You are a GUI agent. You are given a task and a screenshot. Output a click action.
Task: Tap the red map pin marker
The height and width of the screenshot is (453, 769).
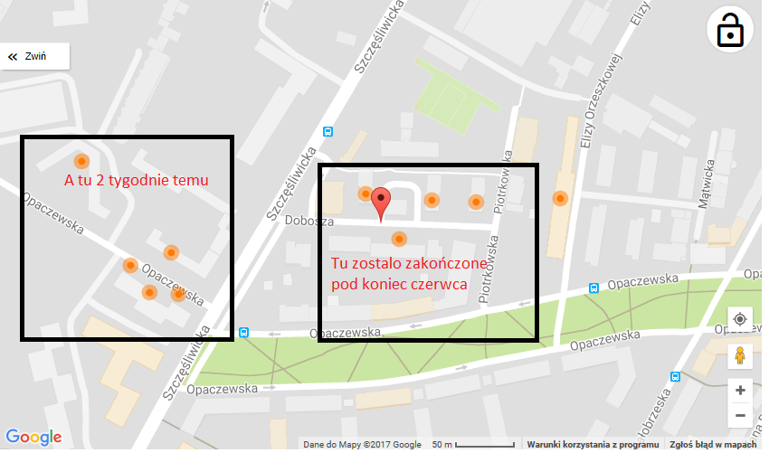(382, 203)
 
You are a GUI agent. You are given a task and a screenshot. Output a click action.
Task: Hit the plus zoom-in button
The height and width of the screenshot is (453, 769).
(740, 391)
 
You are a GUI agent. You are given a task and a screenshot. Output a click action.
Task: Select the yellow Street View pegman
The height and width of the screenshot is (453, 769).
(740, 355)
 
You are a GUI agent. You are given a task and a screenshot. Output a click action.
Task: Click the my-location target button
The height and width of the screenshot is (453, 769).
(740, 319)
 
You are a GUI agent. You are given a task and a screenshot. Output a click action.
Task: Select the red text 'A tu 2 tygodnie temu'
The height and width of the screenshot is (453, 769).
(136, 180)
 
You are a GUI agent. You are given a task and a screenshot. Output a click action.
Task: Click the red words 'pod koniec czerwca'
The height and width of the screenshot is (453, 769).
(398, 284)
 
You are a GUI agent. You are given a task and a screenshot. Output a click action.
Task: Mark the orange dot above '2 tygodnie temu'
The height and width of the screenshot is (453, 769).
(81, 161)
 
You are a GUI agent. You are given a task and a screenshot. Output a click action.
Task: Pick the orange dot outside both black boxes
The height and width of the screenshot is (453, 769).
(561, 198)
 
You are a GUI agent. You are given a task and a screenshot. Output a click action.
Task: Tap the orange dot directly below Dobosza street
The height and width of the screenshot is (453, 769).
(398, 239)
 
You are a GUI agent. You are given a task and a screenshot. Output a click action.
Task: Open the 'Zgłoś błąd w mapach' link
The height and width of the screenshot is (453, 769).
(712, 445)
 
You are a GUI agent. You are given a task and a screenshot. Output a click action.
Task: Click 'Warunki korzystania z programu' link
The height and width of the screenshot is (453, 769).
(593, 445)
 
